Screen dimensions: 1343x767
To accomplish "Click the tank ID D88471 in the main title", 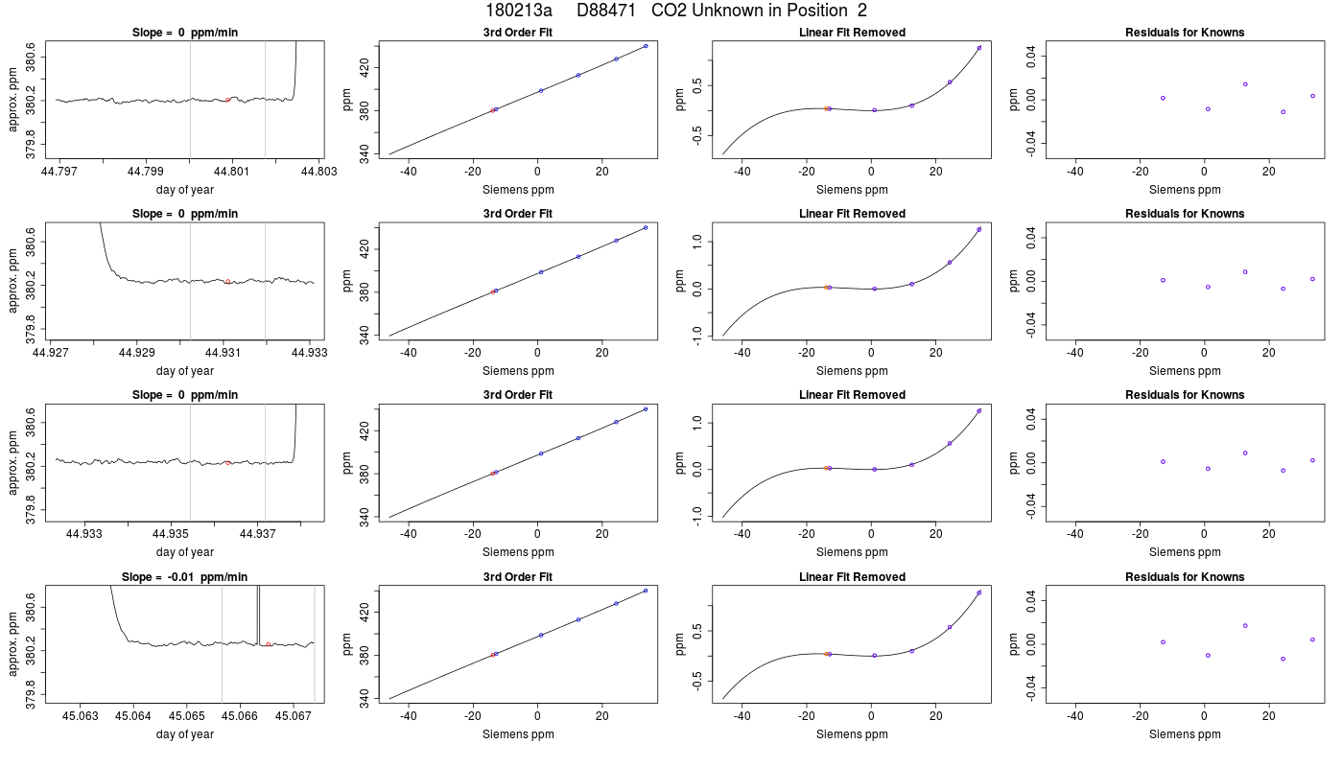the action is [605, 11].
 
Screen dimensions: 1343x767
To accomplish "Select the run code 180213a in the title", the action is [519, 11].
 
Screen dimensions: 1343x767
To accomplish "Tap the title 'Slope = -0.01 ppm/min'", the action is [184, 576].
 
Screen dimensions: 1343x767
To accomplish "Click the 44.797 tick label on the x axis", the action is [59, 172].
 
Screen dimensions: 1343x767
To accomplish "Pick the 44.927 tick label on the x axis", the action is [50, 353].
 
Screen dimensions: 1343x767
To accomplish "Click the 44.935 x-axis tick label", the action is [171, 533].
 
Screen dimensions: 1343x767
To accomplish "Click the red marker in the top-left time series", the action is [228, 100].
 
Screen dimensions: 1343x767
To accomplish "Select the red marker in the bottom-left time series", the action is [268, 644].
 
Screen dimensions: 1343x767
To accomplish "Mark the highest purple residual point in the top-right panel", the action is [1245, 84].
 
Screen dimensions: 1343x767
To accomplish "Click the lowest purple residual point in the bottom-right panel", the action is [1284, 660].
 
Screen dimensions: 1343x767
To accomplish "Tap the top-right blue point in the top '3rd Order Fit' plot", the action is [646, 46].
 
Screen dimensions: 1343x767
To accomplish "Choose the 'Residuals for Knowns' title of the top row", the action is [1185, 33].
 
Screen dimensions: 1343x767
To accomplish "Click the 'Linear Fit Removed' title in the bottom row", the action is [852, 576].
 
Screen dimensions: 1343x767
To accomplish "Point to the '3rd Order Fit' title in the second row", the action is [518, 213].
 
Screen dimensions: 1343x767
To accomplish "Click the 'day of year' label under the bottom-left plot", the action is [184, 734].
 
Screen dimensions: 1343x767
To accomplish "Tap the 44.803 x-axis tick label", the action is [318, 172].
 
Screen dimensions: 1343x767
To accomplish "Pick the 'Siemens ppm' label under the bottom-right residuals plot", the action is [1185, 734].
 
